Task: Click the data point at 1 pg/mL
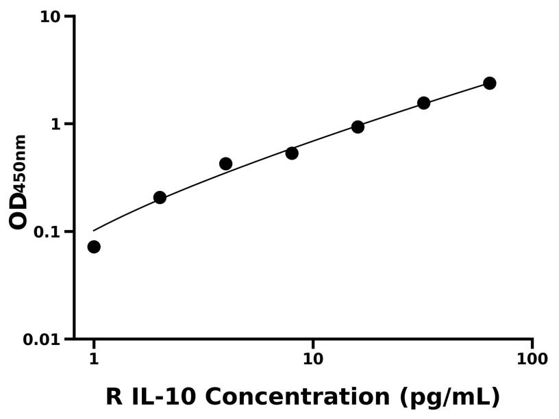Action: click(x=94, y=246)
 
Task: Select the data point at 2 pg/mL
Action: click(x=160, y=197)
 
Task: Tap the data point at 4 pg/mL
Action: click(x=226, y=164)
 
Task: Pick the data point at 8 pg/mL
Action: click(x=292, y=153)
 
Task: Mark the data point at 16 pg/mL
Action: click(x=358, y=127)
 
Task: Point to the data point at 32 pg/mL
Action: click(x=423, y=103)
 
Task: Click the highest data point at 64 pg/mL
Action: click(x=489, y=83)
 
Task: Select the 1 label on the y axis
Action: click(x=57, y=124)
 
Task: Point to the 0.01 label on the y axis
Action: click(x=43, y=340)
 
